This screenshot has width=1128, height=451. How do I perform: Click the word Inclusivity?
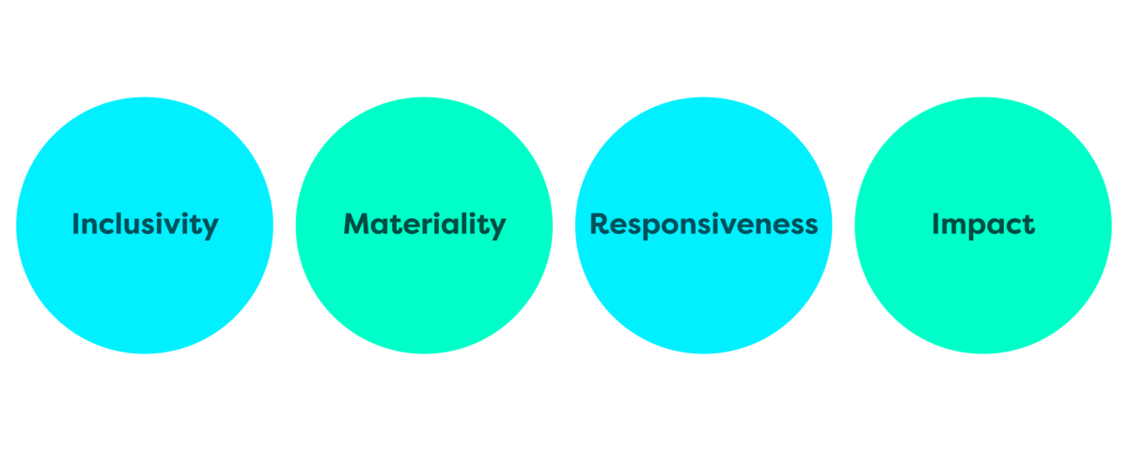[145, 225]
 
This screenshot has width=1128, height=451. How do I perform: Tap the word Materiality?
[424, 225]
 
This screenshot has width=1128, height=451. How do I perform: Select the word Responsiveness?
[703, 225]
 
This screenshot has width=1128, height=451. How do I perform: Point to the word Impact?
[982, 225]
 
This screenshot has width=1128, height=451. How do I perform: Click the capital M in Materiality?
[356, 225]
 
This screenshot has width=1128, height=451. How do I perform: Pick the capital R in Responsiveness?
[600, 225]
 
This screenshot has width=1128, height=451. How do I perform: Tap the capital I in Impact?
[935, 225]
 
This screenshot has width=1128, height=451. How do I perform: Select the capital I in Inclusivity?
[76, 225]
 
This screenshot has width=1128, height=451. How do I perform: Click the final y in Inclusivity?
[211, 228]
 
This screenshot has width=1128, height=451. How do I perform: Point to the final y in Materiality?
[497, 228]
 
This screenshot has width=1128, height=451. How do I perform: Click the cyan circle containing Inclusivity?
[145, 291]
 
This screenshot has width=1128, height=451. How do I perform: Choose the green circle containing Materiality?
[424, 291]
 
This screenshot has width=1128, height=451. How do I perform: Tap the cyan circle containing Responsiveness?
[703, 291]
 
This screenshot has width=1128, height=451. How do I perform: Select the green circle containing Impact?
[982, 291]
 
